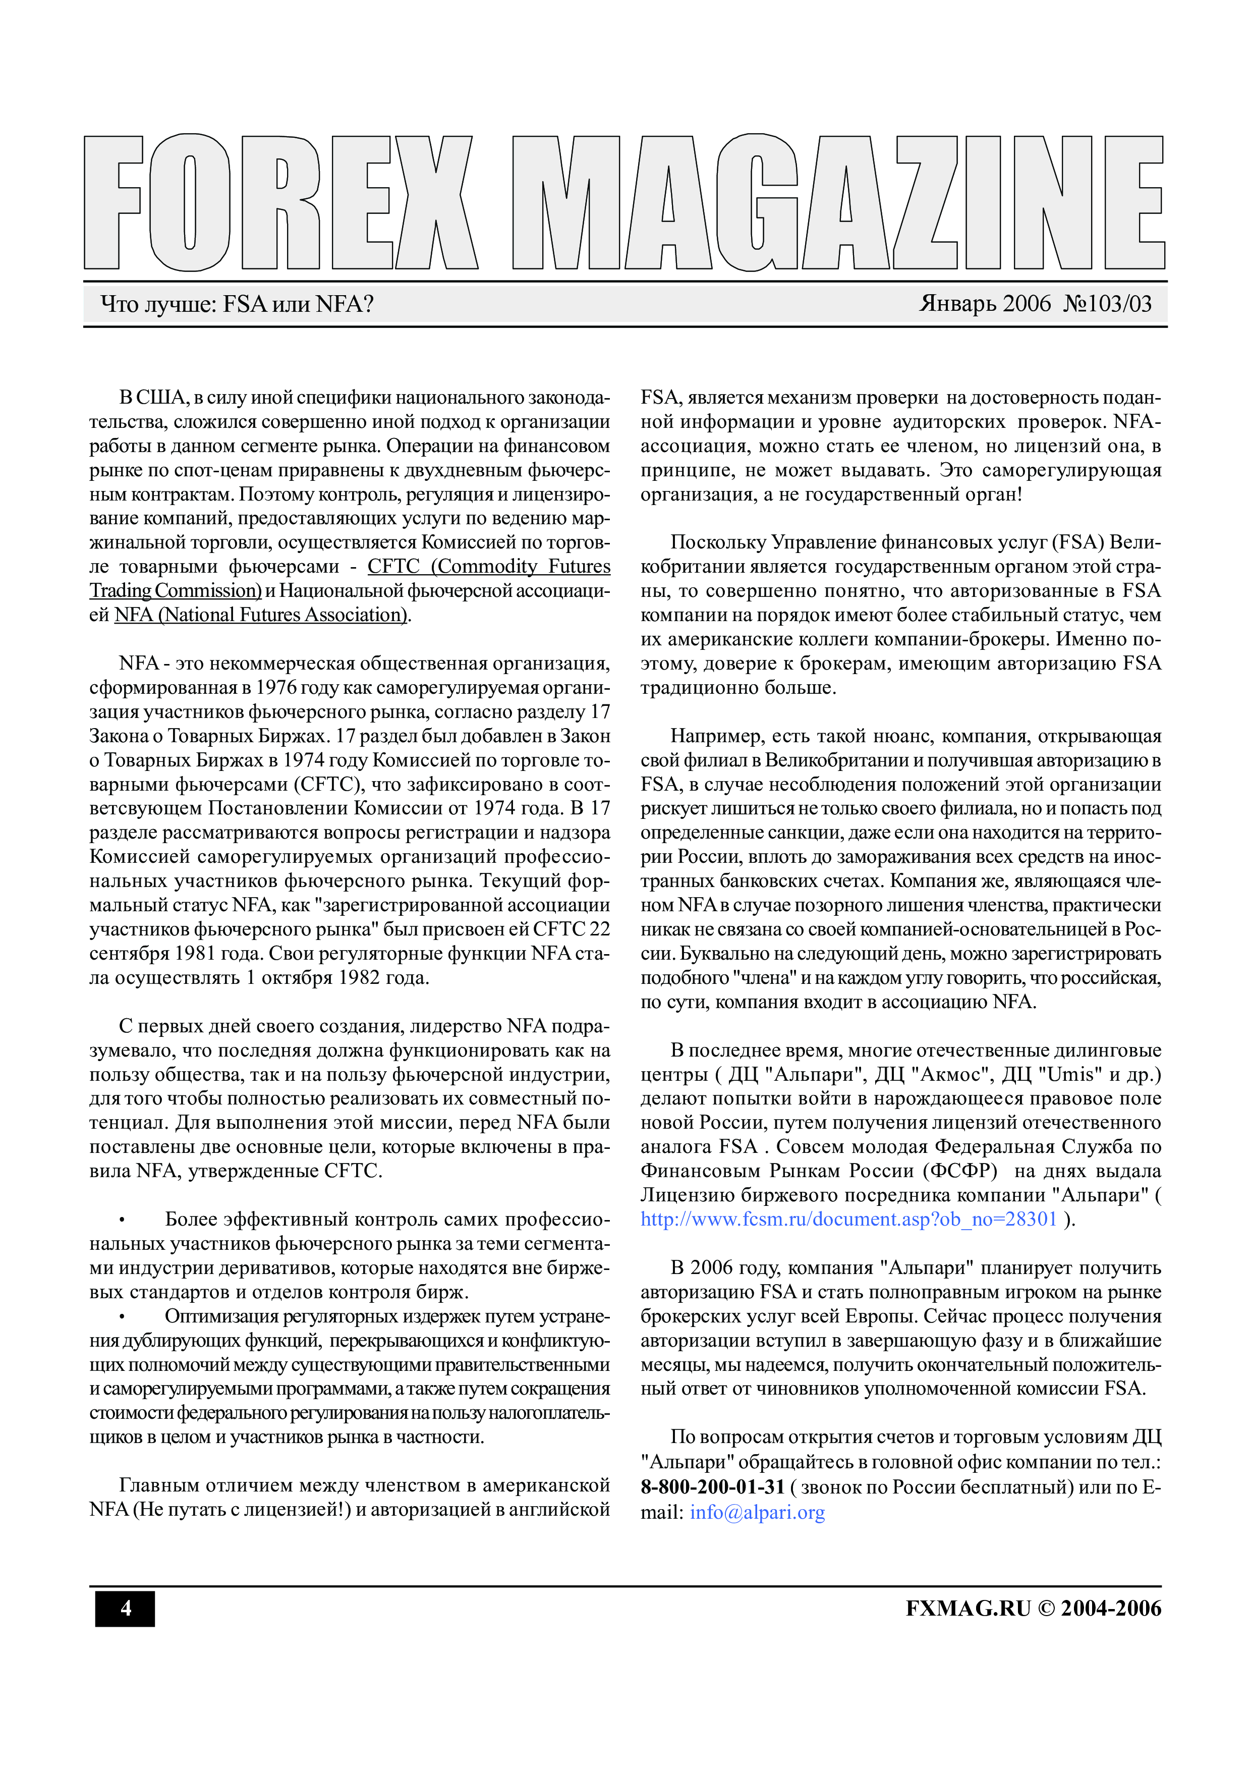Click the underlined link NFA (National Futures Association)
260,615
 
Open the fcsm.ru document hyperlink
848,1220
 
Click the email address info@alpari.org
757,1513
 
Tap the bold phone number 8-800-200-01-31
712,1487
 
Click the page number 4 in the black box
125,1608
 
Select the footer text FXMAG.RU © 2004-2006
1033,1608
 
